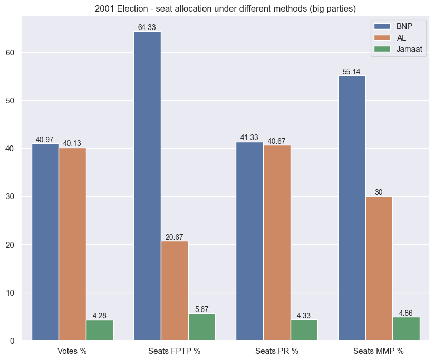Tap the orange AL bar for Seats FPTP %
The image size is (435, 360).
pyautogui.click(x=175, y=290)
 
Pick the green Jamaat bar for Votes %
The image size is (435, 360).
pyautogui.click(x=100, y=330)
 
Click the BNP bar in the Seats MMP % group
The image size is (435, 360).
pyautogui.click(x=351, y=208)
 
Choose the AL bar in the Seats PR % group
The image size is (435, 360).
pyautogui.click(x=277, y=242)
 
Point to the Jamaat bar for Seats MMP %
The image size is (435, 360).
pyautogui.click(x=406, y=328)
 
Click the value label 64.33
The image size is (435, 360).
pyautogui.click(x=147, y=27)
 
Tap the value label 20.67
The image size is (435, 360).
pyautogui.click(x=175, y=237)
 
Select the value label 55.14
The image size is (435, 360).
pyautogui.click(x=351, y=72)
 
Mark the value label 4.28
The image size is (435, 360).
pyautogui.click(x=100, y=316)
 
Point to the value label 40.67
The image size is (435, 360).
pyautogui.click(x=277, y=141)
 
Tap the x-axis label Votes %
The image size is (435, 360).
pyautogui.click(x=72, y=351)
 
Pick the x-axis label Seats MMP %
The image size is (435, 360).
pyautogui.click(x=379, y=351)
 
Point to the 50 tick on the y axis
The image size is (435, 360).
pyautogui.click(x=12, y=101)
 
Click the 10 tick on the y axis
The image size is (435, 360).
pyautogui.click(x=12, y=293)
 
